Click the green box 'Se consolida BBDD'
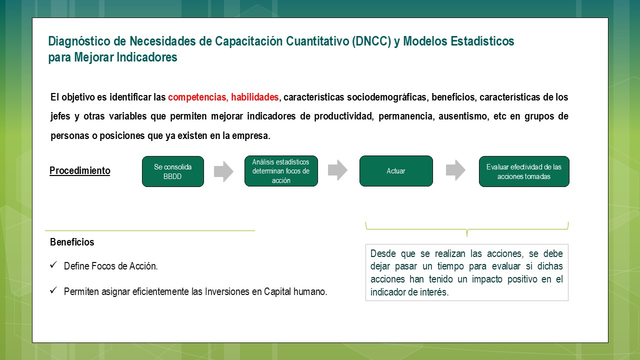point(173,171)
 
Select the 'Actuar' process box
point(396,171)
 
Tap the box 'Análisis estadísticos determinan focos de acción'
point(281,171)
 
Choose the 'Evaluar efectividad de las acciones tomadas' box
point(524,171)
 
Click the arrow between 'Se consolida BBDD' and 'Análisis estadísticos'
point(223,171)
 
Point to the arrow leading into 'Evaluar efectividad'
point(455,170)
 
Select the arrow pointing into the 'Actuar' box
point(337,170)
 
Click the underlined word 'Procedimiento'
point(79,170)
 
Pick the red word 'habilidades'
point(254,97)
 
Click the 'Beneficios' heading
point(72,242)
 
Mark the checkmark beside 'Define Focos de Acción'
point(53,265)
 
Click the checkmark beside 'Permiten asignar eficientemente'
point(53,290)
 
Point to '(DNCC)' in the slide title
point(371,41)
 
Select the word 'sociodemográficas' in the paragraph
point(387,97)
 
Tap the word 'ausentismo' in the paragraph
point(463,116)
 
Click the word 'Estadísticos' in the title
point(482,41)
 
